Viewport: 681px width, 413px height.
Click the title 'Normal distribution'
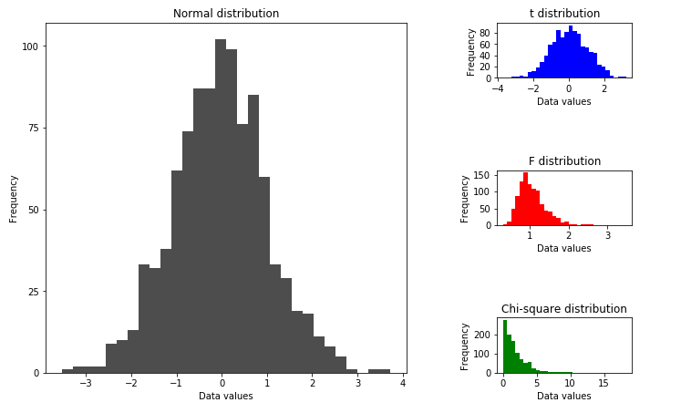pos(226,14)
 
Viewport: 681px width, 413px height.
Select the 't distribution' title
pos(564,14)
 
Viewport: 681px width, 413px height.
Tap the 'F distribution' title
pos(564,161)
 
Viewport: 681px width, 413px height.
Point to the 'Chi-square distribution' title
pos(564,309)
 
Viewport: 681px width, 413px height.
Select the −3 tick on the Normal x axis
pos(85,383)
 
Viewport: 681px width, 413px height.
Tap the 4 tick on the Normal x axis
pos(402,383)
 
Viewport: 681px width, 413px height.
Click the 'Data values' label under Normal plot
pos(226,397)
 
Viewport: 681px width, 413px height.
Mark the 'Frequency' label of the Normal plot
pos(14,198)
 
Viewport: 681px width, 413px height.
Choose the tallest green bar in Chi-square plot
pos(505,346)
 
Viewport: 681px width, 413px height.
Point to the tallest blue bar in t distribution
pos(571,52)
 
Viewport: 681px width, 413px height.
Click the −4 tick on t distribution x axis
pos(497,89)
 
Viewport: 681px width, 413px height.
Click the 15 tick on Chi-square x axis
pos(603,384)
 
